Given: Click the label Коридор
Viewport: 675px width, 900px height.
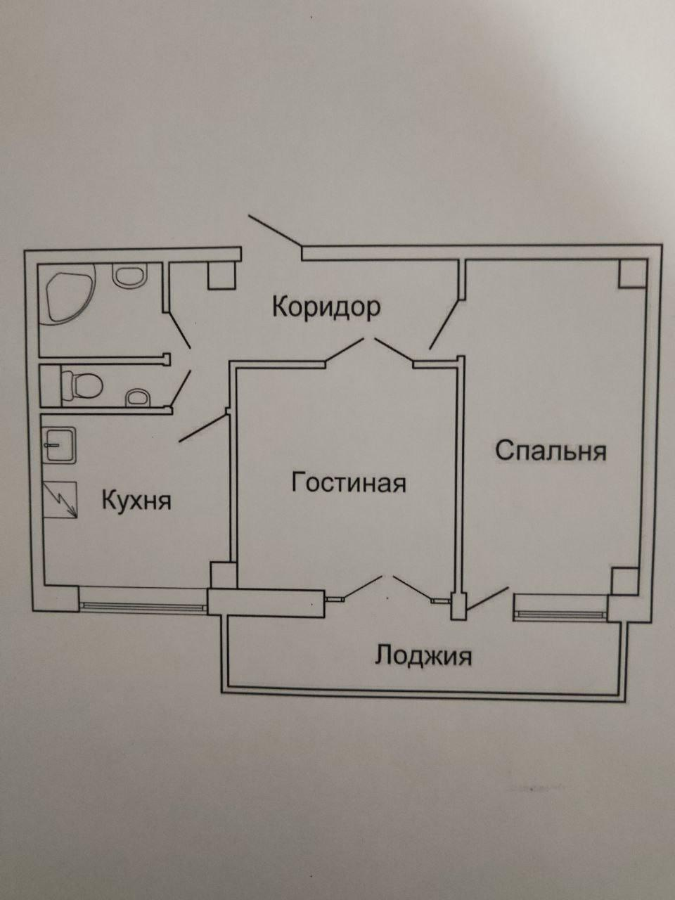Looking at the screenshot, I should pos(326,307).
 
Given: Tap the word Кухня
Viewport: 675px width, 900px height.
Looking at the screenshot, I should pos(136,501).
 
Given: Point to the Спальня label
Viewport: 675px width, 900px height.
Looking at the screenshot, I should pos(551,450).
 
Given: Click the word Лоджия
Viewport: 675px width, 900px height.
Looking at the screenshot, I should pos(423,655).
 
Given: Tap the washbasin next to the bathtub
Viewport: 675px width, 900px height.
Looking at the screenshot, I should pos(127,276).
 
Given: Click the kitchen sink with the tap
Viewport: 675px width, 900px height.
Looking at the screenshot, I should pos(60,446).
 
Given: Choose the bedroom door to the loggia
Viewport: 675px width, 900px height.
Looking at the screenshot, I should pos(487,598).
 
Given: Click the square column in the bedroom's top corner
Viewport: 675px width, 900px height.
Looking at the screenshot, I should pos(632,273).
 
